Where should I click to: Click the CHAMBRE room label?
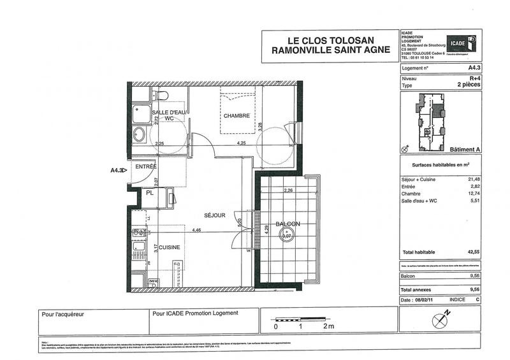click(236, 115)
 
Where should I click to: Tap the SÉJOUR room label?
click(215, 215)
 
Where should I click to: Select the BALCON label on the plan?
click(288, 224)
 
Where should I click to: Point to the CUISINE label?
click(170, 247)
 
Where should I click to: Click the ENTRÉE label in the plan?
click(146, 166)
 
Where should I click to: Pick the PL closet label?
click(149, 192)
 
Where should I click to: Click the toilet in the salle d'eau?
click(161, 96)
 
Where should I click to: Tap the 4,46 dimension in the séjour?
click(198, 231)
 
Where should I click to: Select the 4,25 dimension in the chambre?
click(242, 143)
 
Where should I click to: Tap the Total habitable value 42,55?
click(472, 252)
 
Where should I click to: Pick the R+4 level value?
click(473, 78)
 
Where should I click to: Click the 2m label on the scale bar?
click(328, 326)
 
